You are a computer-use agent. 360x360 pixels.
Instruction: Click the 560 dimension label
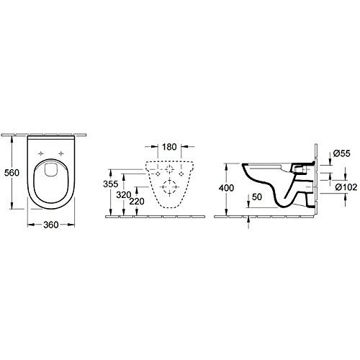pyautogui.click(x=12, y=173)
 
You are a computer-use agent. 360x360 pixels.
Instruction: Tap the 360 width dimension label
pyautogui.click(x=51, y=225)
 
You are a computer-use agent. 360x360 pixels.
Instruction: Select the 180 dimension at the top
pyautogui.click(x=169, y=147)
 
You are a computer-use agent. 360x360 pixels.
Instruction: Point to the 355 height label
pyautogui.click(x=111, y=184)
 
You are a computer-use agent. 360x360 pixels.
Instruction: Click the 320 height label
pyautogui.click(x=124, y=195)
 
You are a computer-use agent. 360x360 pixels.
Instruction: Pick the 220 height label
pyautogui.click(x=137, y=201)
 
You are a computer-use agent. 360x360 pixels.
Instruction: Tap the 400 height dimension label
pyautogui.click(x=226, y=188)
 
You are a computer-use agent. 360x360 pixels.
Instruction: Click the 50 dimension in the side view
pyautogui.click(x=257, y=197)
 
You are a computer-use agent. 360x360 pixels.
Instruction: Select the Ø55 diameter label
pyautogui.click(x=342, y=153)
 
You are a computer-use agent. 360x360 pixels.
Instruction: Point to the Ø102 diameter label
pyautogui.click(x=346, y=186)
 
